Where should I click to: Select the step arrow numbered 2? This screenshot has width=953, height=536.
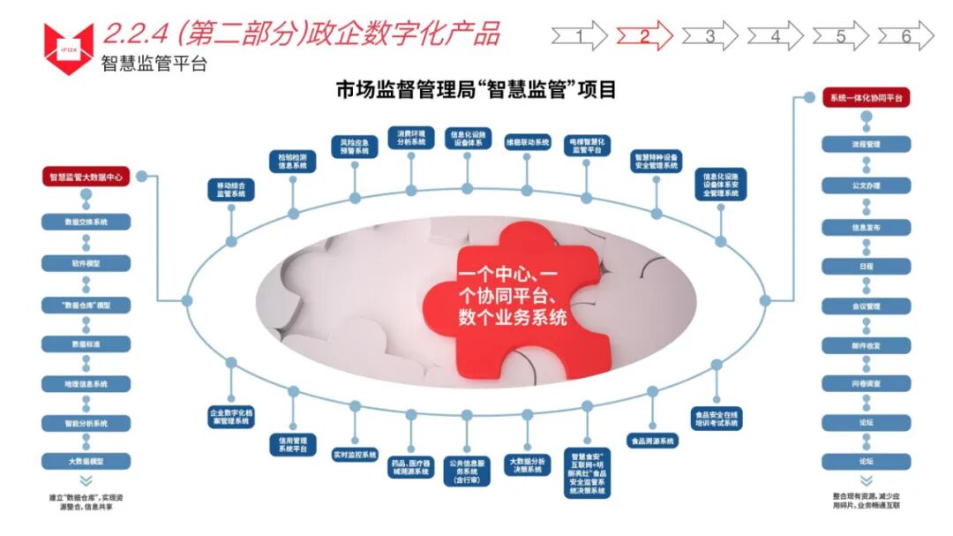(644, 35)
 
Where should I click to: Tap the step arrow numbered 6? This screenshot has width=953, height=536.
(905, 35)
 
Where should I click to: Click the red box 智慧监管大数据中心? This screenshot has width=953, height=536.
(86, 177)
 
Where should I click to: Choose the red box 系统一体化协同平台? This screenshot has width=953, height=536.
(867, 98)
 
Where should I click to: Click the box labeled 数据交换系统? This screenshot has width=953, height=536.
(86, 223)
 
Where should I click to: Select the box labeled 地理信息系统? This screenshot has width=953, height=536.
(86, 384)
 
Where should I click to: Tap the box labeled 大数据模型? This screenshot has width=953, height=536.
(86, 462)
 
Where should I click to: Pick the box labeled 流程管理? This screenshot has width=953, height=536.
(867, 144)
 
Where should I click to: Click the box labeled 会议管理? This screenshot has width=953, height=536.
(867, 306)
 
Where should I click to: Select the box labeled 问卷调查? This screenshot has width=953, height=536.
(867, 384)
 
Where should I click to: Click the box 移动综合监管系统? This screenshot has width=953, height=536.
(231, 190)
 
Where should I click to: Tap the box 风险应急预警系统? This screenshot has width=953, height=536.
(355, 146)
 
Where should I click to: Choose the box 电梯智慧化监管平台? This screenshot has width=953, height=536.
(586, 146)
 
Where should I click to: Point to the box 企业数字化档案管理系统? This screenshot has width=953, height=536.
(231, 418)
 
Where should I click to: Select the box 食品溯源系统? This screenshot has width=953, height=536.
(652, 441)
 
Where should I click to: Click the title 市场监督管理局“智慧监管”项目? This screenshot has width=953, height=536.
(476, 90)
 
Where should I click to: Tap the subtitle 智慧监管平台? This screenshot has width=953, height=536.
(154, 64)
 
